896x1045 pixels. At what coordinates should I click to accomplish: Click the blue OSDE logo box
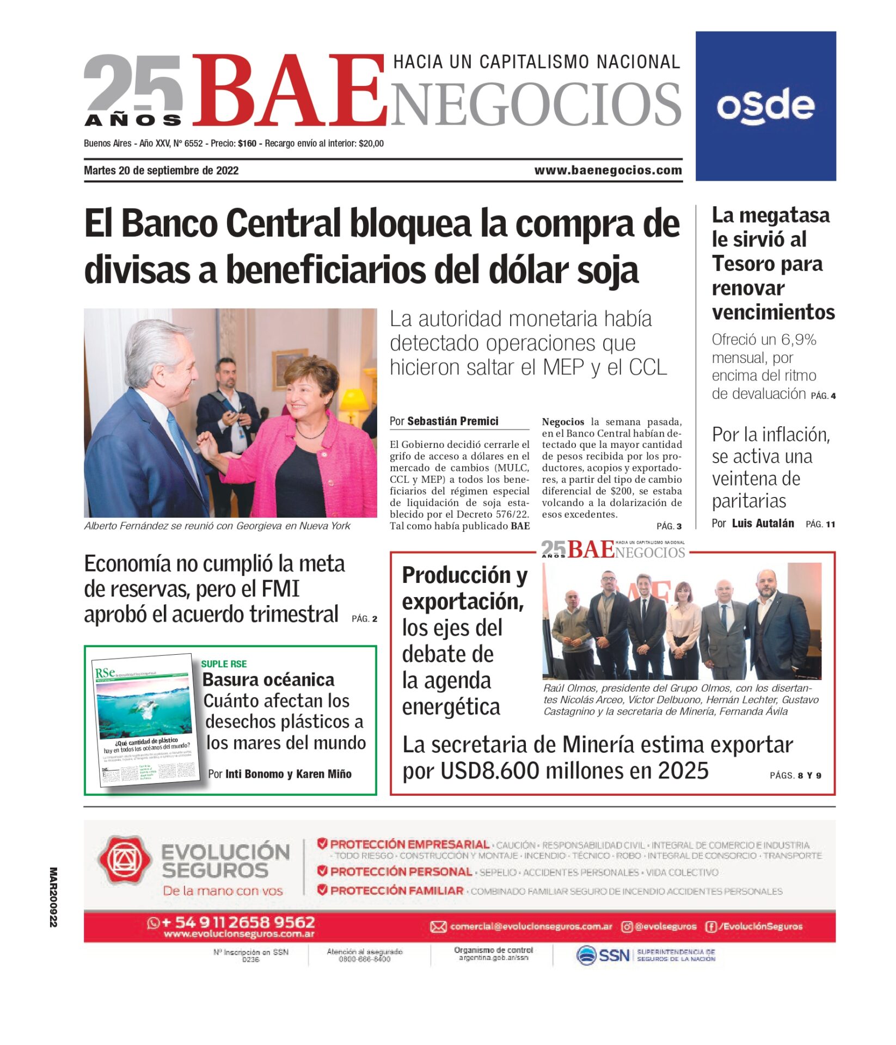pos(765,106)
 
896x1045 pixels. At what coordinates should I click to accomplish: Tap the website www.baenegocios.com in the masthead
pos(607,170)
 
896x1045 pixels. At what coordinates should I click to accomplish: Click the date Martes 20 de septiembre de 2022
pos(161,170)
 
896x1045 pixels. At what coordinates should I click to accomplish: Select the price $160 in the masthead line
pos(247,144)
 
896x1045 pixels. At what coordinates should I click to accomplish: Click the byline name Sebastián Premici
pos(452,421)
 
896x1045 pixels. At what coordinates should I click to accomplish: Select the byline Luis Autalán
pos(763,524)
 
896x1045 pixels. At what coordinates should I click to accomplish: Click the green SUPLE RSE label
pos(224,664)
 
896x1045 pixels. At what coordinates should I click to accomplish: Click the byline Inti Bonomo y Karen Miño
pos(288,774)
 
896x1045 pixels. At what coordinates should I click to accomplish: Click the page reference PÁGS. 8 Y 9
pos(795,776)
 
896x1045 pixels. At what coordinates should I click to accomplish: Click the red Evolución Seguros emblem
pos(124,860)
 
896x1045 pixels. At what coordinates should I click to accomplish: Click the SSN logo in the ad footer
pos(603,955)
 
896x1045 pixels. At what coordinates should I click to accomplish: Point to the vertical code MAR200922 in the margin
pos(53,898)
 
